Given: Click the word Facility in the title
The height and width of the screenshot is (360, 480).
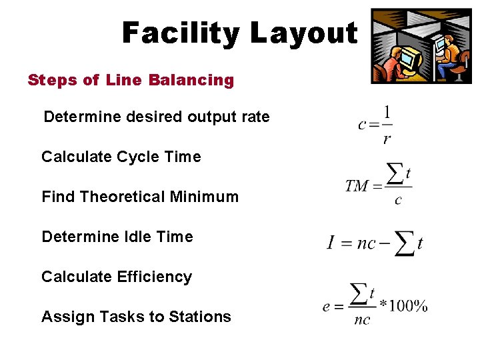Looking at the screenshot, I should (x=179, y=33).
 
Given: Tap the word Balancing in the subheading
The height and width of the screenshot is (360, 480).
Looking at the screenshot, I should (x=192, y=81).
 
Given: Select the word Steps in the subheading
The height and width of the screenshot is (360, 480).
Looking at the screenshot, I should (x=52, y=81).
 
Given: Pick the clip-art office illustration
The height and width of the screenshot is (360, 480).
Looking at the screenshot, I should (x=421, y=46).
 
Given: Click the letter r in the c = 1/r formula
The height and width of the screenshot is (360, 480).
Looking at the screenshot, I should (x=387, y=139).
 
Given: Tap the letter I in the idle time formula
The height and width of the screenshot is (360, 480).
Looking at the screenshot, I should (x=331, y=243).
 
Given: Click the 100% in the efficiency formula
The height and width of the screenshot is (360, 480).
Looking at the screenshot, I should (x=407, y=306).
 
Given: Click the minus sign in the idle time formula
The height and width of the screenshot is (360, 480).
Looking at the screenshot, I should (x=385, y=243).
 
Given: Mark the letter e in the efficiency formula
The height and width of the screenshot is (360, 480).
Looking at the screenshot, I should (x=327, y=307).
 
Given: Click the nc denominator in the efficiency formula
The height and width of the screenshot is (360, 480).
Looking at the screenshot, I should (x=362, y=320).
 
